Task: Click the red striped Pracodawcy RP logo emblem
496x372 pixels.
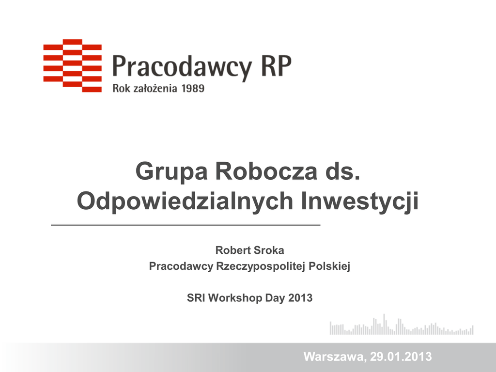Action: point(73,65)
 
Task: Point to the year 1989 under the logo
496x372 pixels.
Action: point(193,88)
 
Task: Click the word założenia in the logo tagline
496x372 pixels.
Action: point(155,88)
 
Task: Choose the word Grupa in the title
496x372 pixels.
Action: point(171,172)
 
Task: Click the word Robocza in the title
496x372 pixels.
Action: point(266,171)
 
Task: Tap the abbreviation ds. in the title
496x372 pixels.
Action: point(342,171)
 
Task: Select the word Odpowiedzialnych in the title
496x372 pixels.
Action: point(185,201)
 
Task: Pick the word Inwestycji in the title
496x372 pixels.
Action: point(360,201)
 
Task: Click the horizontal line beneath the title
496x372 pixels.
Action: point(186,225)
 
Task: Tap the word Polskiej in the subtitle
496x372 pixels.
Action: point(329,266)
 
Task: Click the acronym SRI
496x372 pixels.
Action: point(196,298)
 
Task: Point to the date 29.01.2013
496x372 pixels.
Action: point(401,356)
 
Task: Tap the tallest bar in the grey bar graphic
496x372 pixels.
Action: point(384,324)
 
